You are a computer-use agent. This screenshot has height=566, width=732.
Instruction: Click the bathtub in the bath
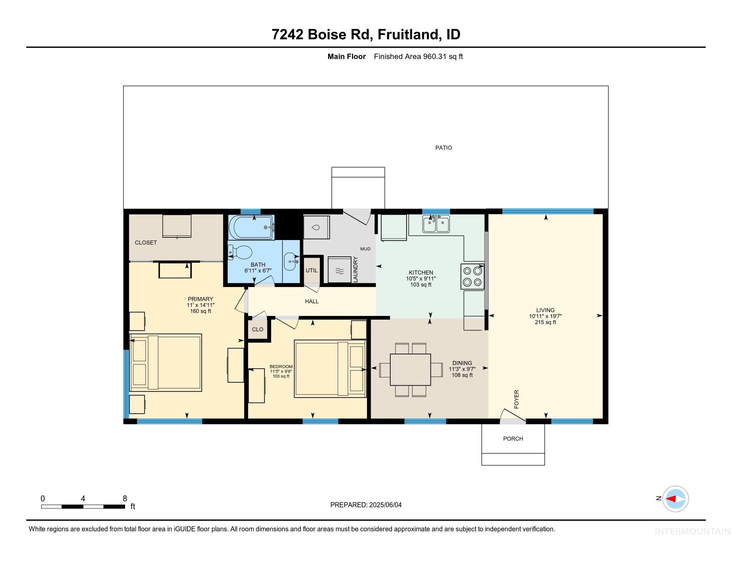pyautogui.click(x=251, y=227)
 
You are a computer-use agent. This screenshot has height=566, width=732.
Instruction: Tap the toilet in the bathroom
pyautogui.click(x=240, y=252)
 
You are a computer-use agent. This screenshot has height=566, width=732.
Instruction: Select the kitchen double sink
pyautogui.click(x=436, y=224)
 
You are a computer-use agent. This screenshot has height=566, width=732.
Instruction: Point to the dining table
pyautogui.click(x=410, y=370)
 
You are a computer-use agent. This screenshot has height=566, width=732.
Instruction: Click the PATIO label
pyautogui.click(x=444, y=147)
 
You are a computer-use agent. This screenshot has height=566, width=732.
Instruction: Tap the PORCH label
pyautogui.click(x=513, y=438)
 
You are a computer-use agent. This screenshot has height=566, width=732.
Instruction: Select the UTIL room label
pyautogui.click(x=311, y=270)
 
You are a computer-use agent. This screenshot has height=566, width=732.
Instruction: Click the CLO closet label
pyautogui.click(x=258, y=329)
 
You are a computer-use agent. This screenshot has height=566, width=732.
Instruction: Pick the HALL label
pyautogui.click(x=311, y=301)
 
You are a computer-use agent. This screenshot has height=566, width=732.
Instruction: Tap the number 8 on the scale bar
pyautogui.click(x=125, y=499)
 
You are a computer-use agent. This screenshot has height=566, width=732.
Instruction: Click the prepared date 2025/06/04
pyautogui.click(x=385, y=505)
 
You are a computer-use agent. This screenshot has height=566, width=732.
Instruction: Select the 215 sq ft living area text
pyautogui.click(x=545, y=322)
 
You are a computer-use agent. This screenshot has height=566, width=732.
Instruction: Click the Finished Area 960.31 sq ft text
pyautogui.click(x=418, y=56)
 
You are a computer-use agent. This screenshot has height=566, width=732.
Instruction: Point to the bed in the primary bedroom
pyautogui.click(x=166, y=363)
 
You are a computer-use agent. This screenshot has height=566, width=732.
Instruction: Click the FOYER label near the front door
pyautogui.click(x=516, y=399)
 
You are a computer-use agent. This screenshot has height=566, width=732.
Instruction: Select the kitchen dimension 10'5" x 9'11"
pyautogui.click(x=421, y=279)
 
